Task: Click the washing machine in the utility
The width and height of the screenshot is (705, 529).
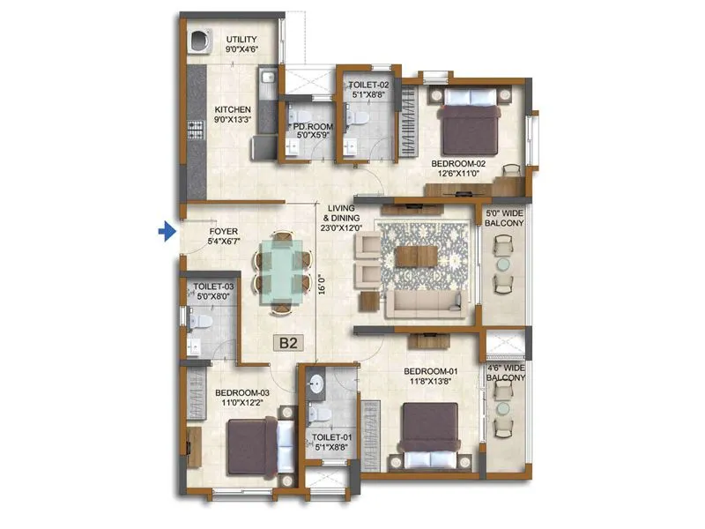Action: (199, 41)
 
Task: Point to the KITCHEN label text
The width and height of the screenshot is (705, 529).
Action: (232, 110)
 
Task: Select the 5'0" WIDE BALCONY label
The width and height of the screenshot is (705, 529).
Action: (504, 219)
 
